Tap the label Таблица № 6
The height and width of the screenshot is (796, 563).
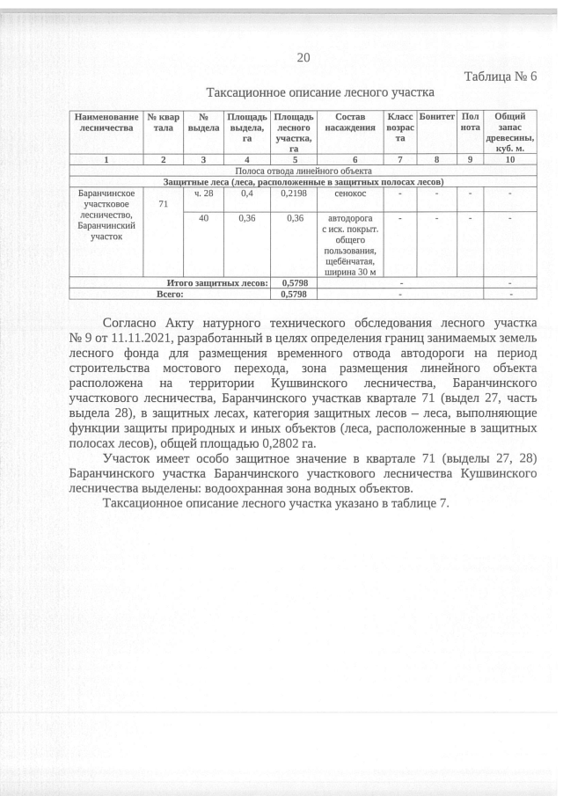pyautogui.click(x=499, y=77)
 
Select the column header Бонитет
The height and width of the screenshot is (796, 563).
pyautogui.click(x=436, y=117)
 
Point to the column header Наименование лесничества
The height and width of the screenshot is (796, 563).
pyautogui.click(x=106, y=122)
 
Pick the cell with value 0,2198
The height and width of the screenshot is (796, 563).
pyautogui.click(x=291, y=193)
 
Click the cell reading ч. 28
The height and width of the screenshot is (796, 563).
pyautogui.click(x=203, y=193)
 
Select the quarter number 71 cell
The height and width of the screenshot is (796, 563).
pyautogui.click(x=163, y=204)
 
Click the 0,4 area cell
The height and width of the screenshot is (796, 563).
pyautogui.click(x=247, y=193)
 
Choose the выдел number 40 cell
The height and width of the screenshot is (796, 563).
pyautogui.click(x=203, y=217)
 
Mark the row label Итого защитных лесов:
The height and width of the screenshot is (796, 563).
pyautogui.click(x=217, y=282)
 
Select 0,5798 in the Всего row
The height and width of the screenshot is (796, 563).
pyautogui.click(x=292, y=294)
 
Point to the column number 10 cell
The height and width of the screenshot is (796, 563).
pyautogui.click(x=510, y=160)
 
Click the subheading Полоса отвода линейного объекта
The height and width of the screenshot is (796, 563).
pyautogui.click(x=303, y=171)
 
